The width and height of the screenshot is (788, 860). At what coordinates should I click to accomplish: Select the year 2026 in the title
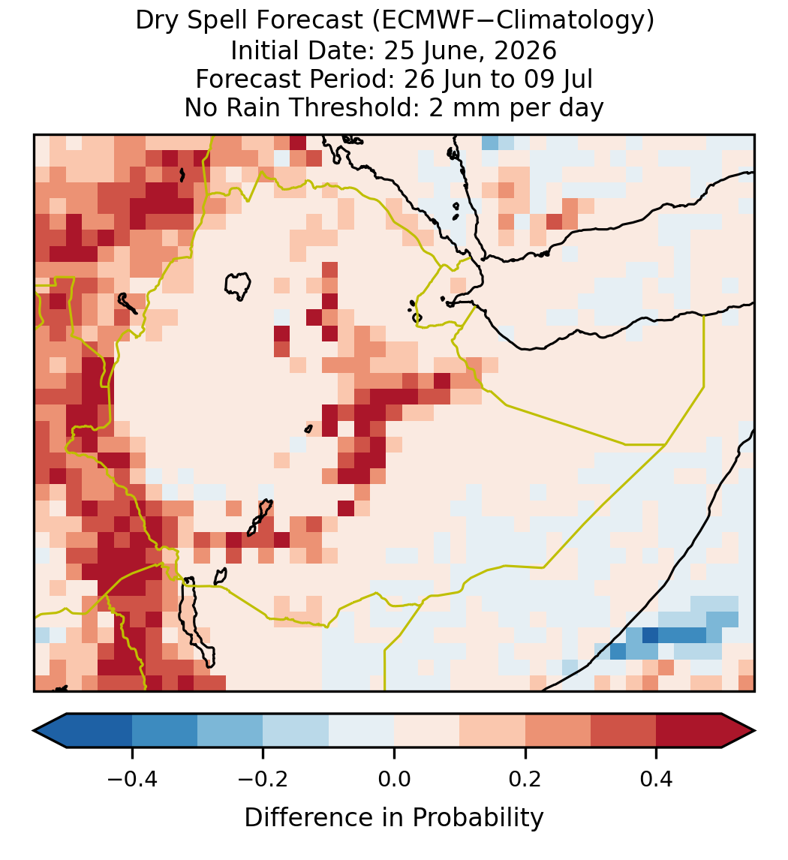pyautogui.click(x=525, y=50)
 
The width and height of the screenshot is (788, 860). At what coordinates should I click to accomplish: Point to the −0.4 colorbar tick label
pyautogui.click(x=132, y=779)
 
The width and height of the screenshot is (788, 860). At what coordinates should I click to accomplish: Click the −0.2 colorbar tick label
pyautogui.click(x=263, y=779)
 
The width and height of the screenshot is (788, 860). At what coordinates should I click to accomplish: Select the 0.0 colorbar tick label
pyautogui.click(x=394, y=779)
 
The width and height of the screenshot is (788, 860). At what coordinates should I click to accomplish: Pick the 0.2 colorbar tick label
pyautogui.click(x=525, y=779)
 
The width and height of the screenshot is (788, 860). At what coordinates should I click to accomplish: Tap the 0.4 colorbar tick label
pyautogui.click(x=657, y=779)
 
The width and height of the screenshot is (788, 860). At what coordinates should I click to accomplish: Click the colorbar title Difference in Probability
pyautogui.click(x=394, y=818)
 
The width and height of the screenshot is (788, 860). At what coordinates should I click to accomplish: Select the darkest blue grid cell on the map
pyautogui.click(x=650, y=635)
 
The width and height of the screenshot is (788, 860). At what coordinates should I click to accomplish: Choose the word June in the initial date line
pyautogui.click(x=446, y=50)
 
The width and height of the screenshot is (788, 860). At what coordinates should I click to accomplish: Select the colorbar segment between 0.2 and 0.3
pyautogui.click(x=558, y=731)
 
